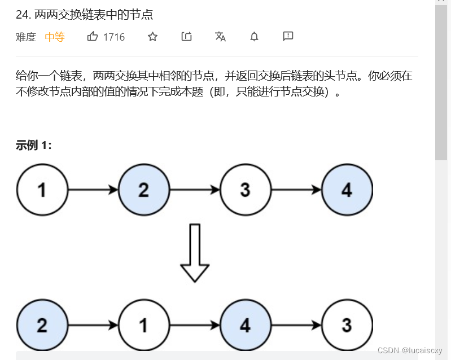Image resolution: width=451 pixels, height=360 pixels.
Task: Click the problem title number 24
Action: coord(23,15)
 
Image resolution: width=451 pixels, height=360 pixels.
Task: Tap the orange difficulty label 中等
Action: coord(55,37)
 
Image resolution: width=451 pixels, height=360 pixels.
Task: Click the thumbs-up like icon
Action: coord(93,37)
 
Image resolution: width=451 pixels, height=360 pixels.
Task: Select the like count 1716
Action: coord(114,37)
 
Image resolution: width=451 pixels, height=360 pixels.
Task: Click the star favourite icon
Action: coord(152,37)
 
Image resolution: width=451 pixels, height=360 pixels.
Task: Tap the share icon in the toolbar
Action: coord(186,37)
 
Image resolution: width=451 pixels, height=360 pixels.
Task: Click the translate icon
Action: coord(220,37)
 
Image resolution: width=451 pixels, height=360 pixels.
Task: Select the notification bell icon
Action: coord(254,37)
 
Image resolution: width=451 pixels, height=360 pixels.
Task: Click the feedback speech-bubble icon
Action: coord(288,37)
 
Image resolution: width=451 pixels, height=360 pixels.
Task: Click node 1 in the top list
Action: coord(42,190)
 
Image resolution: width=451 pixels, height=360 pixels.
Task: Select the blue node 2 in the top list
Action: coord(143,190)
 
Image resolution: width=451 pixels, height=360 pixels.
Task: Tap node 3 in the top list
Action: coord(245,190)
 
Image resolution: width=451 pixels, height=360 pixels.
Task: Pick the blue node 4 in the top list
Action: coord(347,190)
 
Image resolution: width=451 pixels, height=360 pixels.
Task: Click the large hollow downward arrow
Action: coord(194,253)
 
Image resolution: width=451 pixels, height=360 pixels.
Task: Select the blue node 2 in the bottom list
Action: coord(42,325)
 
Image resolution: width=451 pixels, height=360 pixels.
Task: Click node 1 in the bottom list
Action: coord(143,325)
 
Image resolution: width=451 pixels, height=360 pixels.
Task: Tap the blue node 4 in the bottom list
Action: coord(245,325)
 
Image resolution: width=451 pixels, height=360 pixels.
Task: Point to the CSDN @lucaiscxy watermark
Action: coord(410,350)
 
